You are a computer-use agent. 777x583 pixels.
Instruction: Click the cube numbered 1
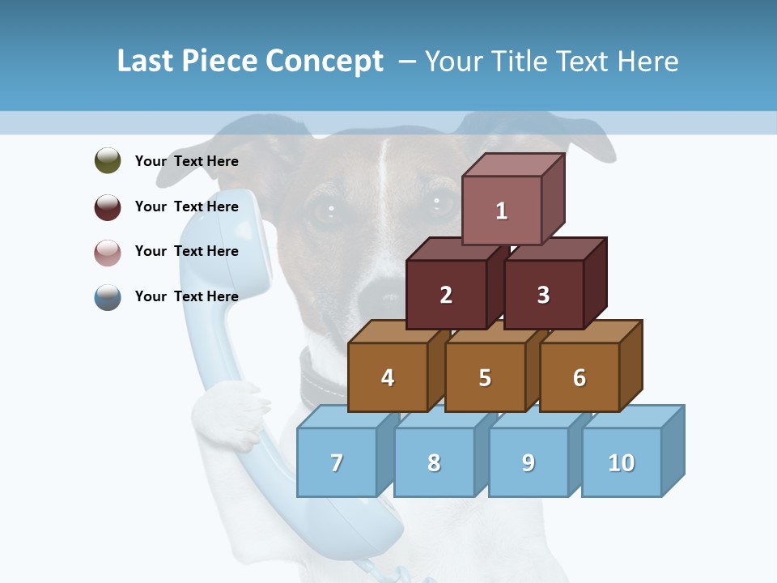pos(502,211)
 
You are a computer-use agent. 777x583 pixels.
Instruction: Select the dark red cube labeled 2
pos(446,295)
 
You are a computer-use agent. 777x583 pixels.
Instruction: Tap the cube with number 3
pos(543,295)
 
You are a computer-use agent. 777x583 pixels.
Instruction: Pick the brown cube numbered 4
pos(388,377)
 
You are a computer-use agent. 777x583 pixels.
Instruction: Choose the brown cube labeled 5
pos(485,377)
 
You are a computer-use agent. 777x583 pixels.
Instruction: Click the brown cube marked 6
pos(580,377)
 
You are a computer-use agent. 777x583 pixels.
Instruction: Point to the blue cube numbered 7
pos(337,462)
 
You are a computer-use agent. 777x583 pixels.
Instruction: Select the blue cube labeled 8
pos(434,462)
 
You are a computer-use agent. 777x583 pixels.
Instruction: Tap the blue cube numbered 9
pos(529,462)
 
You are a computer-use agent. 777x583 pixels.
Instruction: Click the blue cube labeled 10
pos(622,462)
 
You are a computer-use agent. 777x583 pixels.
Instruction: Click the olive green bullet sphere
pos(108,160)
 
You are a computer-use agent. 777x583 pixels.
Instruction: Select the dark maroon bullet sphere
pos(108,206)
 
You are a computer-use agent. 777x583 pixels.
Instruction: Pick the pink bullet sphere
pos(108,252)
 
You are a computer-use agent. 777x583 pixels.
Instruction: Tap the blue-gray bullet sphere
pos(108,296)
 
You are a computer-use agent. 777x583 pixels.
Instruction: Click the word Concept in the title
pos(324,62)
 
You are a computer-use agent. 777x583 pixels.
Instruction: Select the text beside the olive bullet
pos(187,161)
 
